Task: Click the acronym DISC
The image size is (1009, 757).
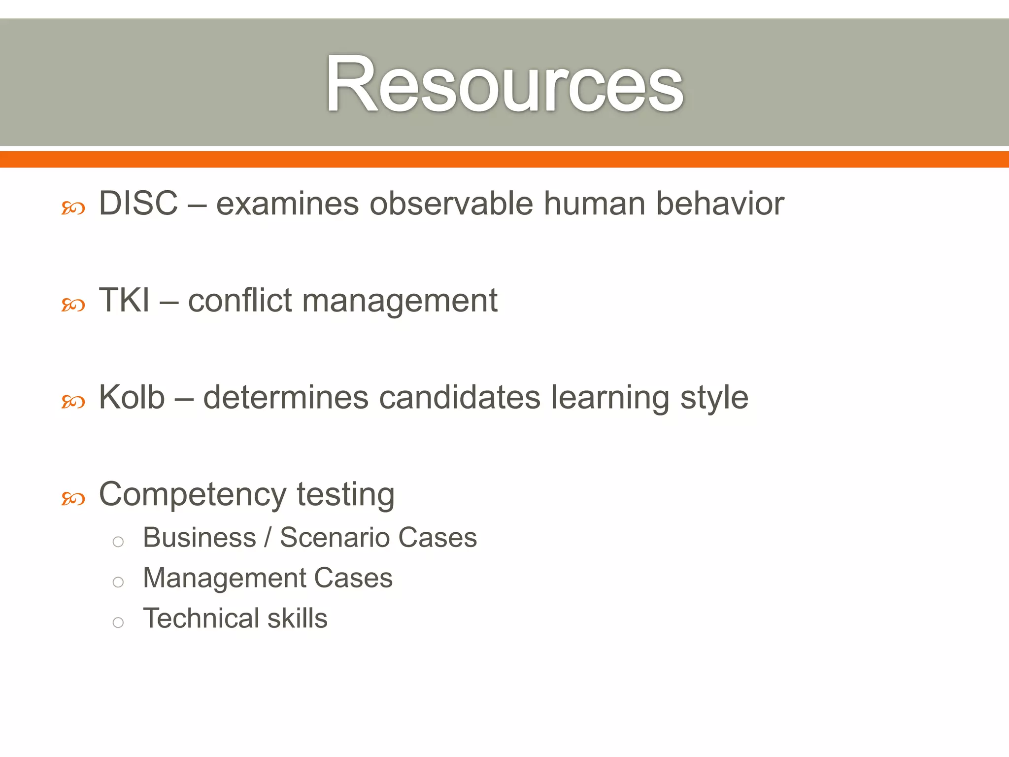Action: coord(138,203)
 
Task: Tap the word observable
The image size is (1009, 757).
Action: coord(451,203)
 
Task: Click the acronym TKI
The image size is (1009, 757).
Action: coord(124,300)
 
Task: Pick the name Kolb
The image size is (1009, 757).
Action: coord(132,397)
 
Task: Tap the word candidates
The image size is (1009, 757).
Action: coord(460,397)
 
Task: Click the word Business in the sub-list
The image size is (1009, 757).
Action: coord(200,537)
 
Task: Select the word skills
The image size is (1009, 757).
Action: coord(297,618)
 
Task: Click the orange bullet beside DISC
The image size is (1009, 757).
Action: coord(73,209)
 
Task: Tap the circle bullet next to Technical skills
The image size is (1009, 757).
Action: coord(118,622)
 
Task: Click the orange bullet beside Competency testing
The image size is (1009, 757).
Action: coord(73,499)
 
